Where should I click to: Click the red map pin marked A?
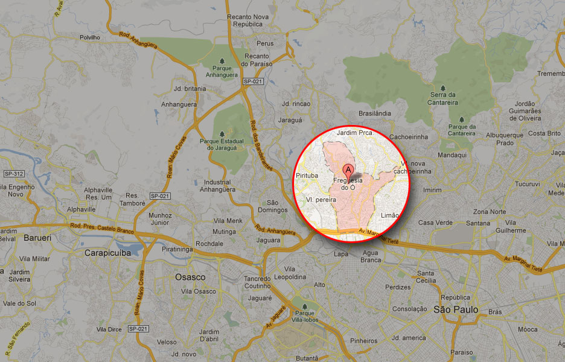click(x=348, y=170)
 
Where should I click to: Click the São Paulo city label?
click(x=456, y=310)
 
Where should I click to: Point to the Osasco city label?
click(x=190, y=277)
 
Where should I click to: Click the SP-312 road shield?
click(x=13, y=174)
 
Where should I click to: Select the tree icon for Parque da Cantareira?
click(x=462, y=119)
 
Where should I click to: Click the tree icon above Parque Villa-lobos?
click(x=295, y=305)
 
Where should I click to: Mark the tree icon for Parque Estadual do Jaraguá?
click(x=222, y=133)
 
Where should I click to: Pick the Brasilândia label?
click(x=375, y=113)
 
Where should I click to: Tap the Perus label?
click(x=265, y=43)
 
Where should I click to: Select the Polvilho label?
click(x=89, y=37)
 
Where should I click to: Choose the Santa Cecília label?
click(x=426, y=276)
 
